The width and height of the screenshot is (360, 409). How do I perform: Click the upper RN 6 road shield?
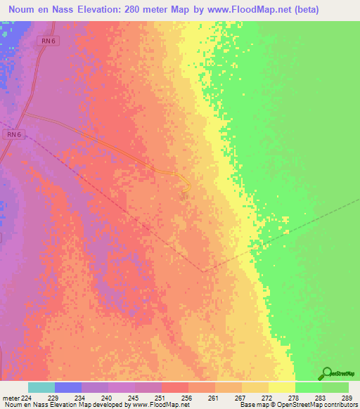pos(47,41)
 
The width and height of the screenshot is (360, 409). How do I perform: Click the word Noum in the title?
pos(22,10)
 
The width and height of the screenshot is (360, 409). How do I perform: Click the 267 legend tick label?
pos(215,397)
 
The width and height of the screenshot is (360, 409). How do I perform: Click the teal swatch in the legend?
pos(41,387)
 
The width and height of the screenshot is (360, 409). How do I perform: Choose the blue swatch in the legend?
pos(68,387)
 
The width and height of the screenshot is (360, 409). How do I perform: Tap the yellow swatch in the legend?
pos(282,387)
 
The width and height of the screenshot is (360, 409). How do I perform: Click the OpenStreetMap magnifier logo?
pos(326,373)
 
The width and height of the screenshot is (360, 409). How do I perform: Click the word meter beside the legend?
pos(11,397)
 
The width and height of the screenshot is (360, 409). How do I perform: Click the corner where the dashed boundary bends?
pos(203,271)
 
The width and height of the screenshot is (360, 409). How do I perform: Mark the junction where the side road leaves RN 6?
pos(24,115)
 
